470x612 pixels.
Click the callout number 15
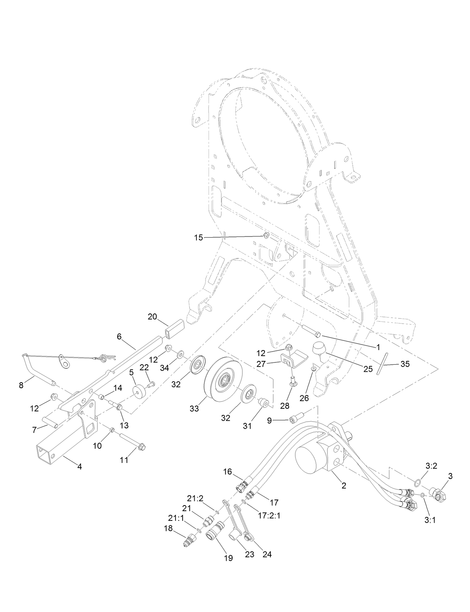(198, 237)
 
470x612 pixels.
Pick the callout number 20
(152, 316)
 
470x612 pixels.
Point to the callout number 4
(79, 466)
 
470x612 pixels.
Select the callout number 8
(21, 385)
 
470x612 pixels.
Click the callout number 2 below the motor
(344, 486)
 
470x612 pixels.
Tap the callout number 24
(267, 554)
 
